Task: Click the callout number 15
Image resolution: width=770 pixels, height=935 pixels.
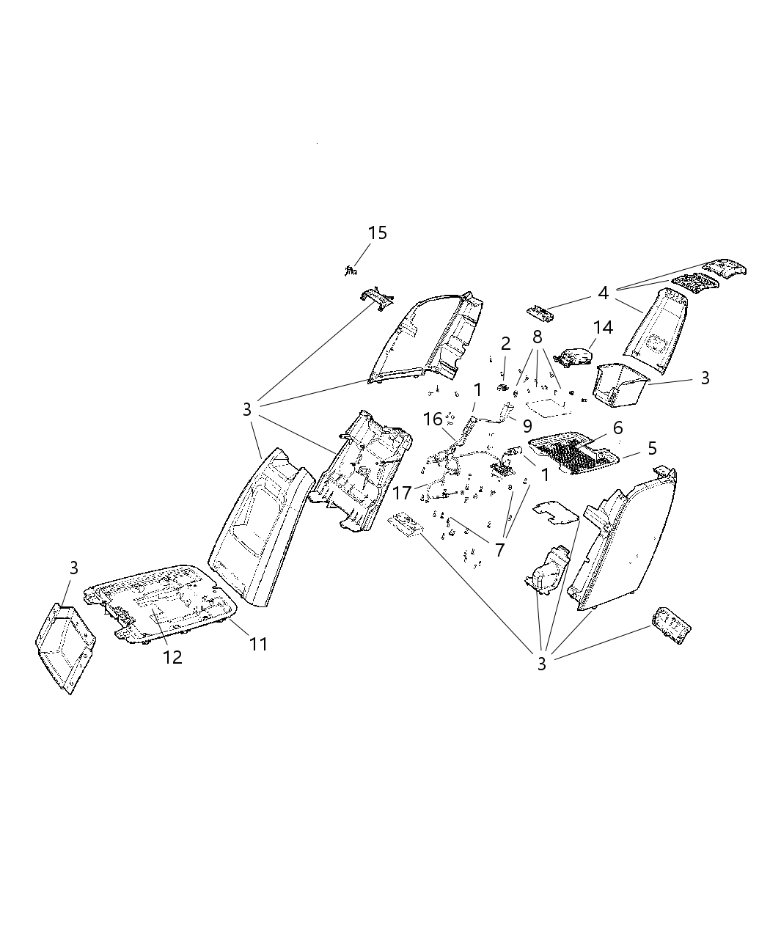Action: coord(377,233)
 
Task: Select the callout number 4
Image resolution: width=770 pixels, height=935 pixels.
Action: coord(603,293)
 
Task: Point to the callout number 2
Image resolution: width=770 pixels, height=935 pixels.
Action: coord(505,343)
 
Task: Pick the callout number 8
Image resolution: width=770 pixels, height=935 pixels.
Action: coord(538,337)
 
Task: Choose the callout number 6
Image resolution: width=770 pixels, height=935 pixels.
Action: coord(617,428)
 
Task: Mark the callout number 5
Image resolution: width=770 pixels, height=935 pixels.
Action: coord(652,448)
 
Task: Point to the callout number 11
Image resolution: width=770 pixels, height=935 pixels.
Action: coord(257,644)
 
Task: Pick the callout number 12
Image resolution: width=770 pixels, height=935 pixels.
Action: coord(172,657)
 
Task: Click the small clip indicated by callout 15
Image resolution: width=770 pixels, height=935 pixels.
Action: coord(349,271)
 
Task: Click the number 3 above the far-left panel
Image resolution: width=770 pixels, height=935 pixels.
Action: coord(73,567)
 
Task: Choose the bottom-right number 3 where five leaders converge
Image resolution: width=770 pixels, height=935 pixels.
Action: coord(542,664)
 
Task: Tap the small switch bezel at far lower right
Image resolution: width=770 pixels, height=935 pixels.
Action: coord(670,626)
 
